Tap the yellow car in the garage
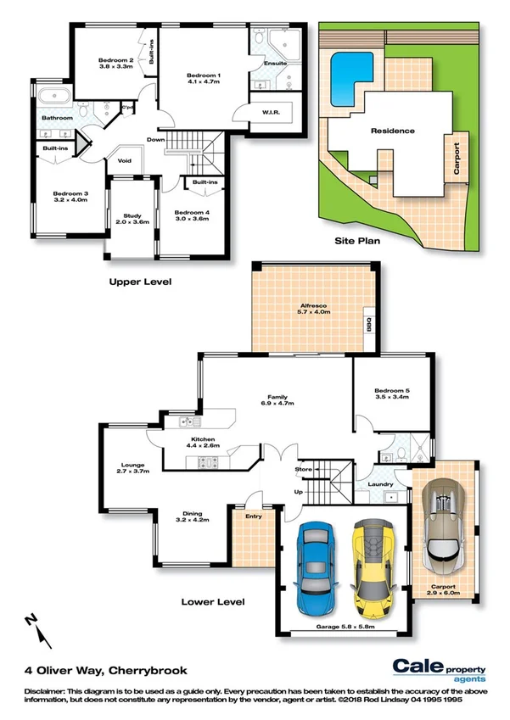point(373,567)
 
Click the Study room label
point(131,218)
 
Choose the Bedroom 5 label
point(392,393)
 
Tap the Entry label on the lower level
point(253,516)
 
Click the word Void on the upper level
point(125,160)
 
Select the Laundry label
point(381,484)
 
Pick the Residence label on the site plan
point(392,131)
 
